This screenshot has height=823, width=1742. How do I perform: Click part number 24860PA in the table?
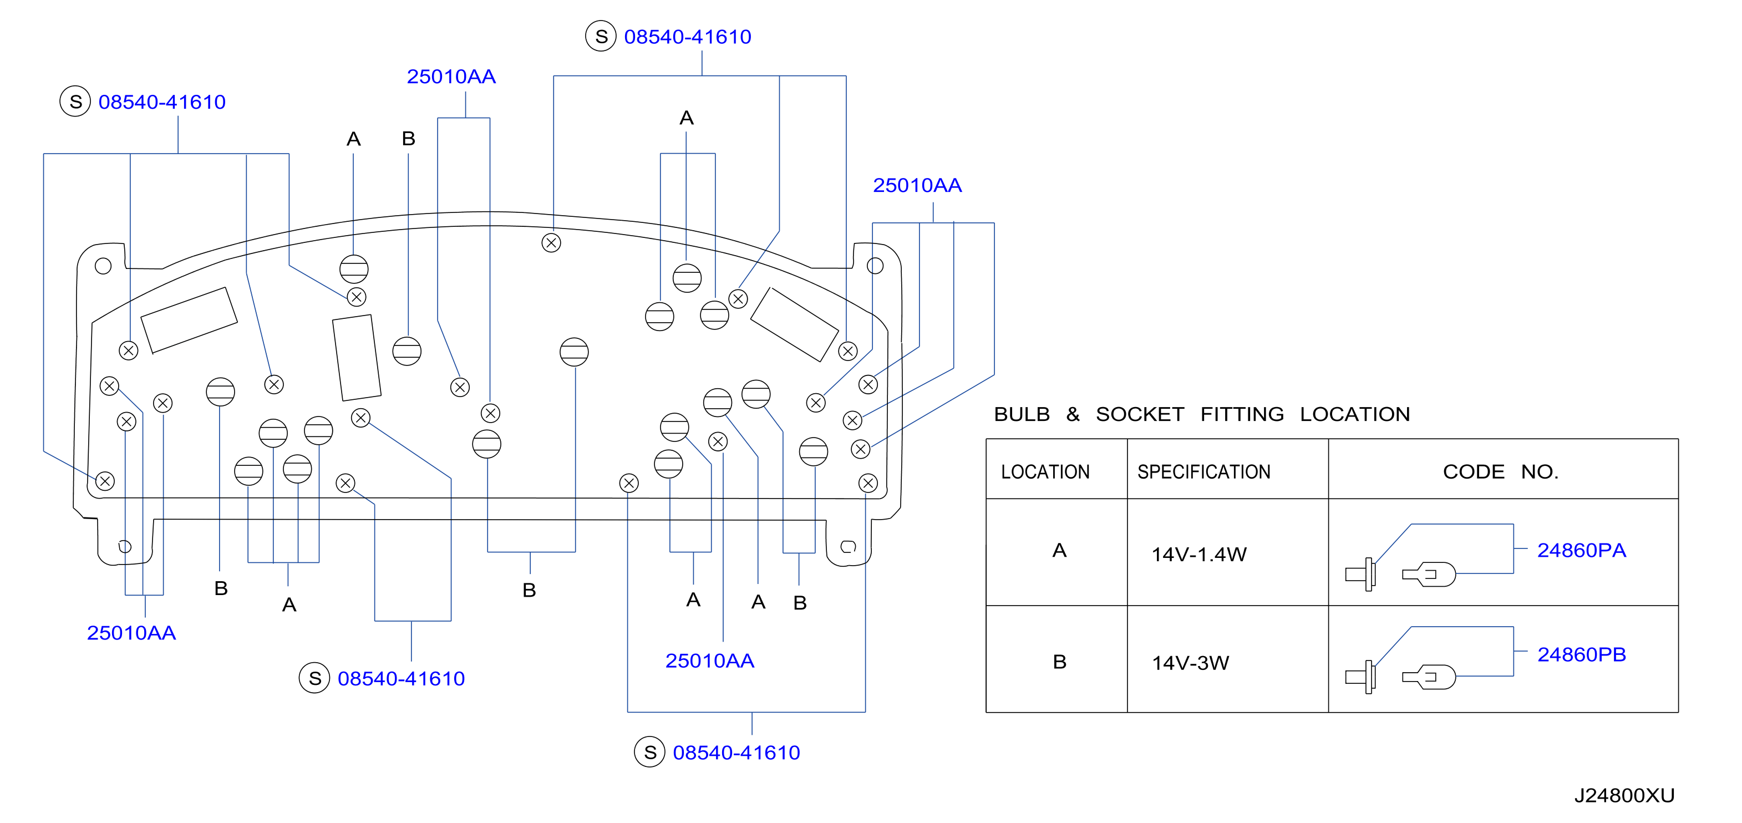pos(1581,551)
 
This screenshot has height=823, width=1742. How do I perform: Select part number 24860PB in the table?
pos(1581,654)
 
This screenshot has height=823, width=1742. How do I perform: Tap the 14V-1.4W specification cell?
pos(1199,555)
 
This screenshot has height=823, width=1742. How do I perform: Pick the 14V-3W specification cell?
pos(1190,663)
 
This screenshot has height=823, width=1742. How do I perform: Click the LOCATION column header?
pos(1045,471)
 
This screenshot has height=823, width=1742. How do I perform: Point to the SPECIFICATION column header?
pos(1203,471)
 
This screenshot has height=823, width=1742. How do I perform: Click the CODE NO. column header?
pos(1501,471)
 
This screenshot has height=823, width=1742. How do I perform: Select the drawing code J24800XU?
pos(1624,795)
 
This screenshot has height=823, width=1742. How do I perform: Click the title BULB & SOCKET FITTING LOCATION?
pos(1202,414)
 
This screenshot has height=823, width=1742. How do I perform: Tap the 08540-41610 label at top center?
pos(687,37)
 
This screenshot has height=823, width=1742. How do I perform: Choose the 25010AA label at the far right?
pos(917,185)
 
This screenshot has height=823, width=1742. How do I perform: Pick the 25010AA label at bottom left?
pos(131,633)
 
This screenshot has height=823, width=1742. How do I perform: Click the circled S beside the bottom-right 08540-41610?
pos(650,752)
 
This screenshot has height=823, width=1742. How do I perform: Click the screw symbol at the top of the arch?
pos(551,243)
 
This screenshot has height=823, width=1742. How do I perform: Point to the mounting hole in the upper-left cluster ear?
pos(103,266)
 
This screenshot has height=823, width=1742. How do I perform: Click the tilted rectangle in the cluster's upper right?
pos(795,324)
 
